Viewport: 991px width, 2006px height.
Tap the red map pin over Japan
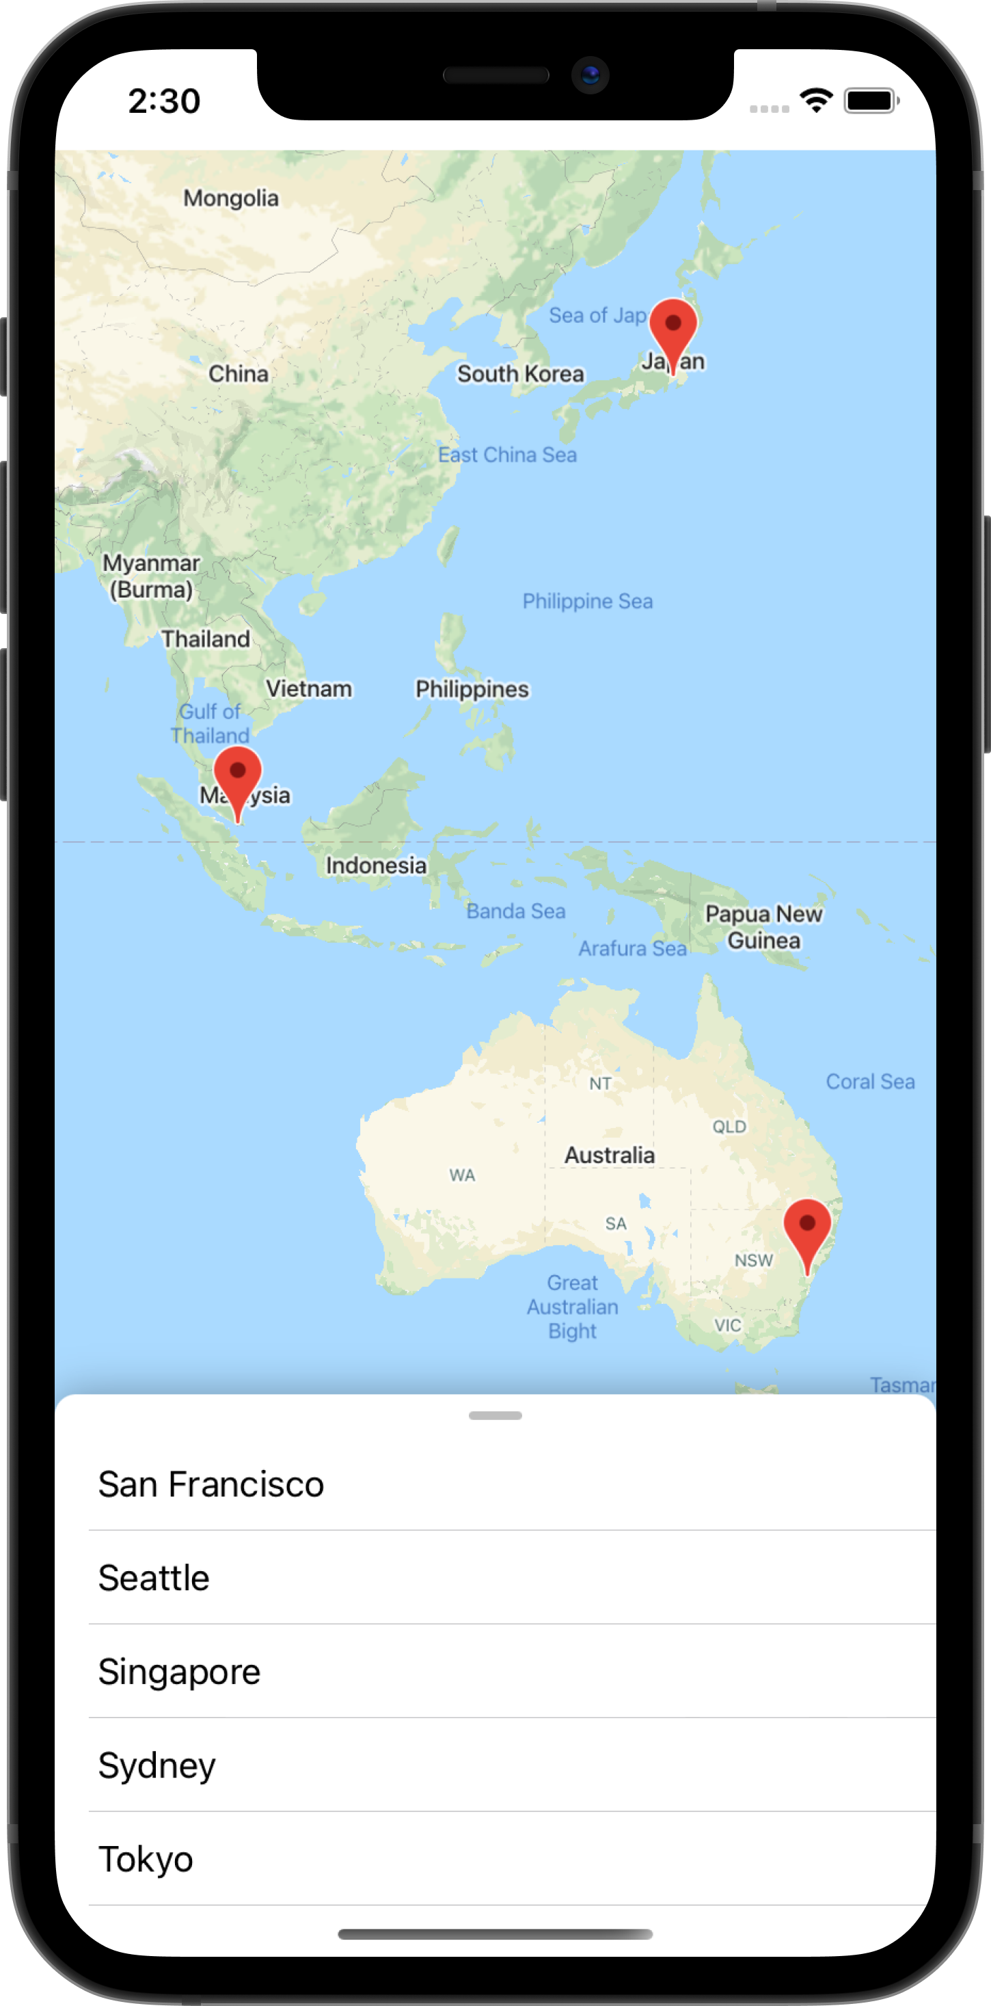[x=673, y=330]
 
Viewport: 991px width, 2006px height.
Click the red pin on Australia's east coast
[x=807, y=1231]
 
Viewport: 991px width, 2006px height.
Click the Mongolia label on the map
[x=231, y=198]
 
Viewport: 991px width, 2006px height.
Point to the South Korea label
[x=520, y=374]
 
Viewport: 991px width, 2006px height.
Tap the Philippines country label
[x=472, y=689]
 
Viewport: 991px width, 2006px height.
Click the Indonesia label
[x=376, y=865]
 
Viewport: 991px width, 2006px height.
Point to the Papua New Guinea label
[x=763, y=926]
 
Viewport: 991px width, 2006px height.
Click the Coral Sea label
[x=869, y=1082]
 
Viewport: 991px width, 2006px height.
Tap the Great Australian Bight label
[x=572, y=1307]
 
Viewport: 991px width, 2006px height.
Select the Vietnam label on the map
[x=309, y=689]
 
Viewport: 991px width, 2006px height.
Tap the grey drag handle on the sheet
[x=495, y=1416]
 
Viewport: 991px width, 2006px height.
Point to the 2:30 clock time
[x=164, y=101]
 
